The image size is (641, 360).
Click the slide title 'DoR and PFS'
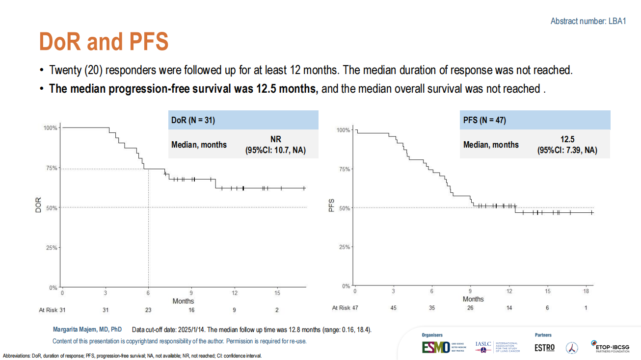tap(104, 42)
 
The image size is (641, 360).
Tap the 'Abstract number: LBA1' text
tap(588, 21)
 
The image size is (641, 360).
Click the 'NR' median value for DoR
tap(275, 139)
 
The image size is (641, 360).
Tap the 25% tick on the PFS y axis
tap(344, 247)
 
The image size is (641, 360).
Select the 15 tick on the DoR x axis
tap(277, 293)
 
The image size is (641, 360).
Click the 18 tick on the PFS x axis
tap(586, 291)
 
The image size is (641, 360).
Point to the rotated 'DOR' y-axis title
tap(38, 205)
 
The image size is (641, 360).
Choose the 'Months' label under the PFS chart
tap(473, 299)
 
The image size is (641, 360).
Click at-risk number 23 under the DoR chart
tap(148, 310)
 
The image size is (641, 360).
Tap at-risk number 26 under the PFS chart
tap(471, 308)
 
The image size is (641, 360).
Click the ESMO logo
tap(435, 347)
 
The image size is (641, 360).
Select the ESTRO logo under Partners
tap(544, 347)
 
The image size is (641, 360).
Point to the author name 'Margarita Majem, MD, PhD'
tap(87, 330)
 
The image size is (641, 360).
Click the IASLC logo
tap(483, 347)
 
